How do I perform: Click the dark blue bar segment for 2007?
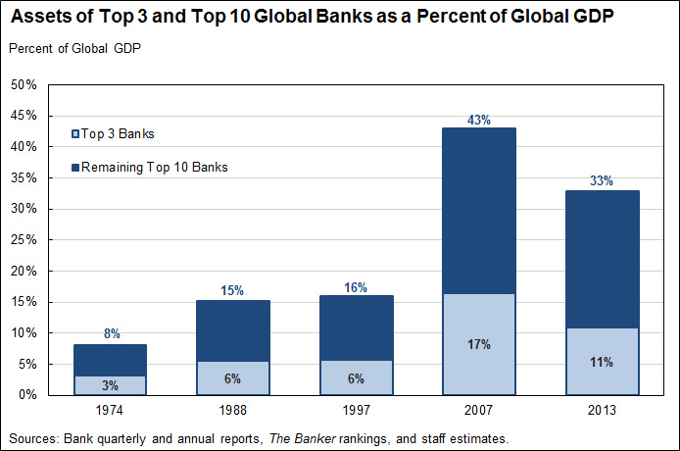click(478, 210)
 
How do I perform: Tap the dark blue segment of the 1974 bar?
click(111, 359)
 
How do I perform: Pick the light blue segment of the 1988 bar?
click(233, 377)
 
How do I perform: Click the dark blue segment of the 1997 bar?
click(356, 327)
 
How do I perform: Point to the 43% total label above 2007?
click(478, 120)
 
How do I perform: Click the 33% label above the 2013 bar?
click(602, 181)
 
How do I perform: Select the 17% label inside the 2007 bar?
click(478, 344)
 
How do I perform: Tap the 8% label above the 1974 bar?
click(111, 334)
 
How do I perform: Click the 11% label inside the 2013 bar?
click(602, 362)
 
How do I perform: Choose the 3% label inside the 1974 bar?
click(111, 385)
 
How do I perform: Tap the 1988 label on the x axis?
click(233, 408)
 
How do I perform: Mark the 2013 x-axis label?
click(602, 408)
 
